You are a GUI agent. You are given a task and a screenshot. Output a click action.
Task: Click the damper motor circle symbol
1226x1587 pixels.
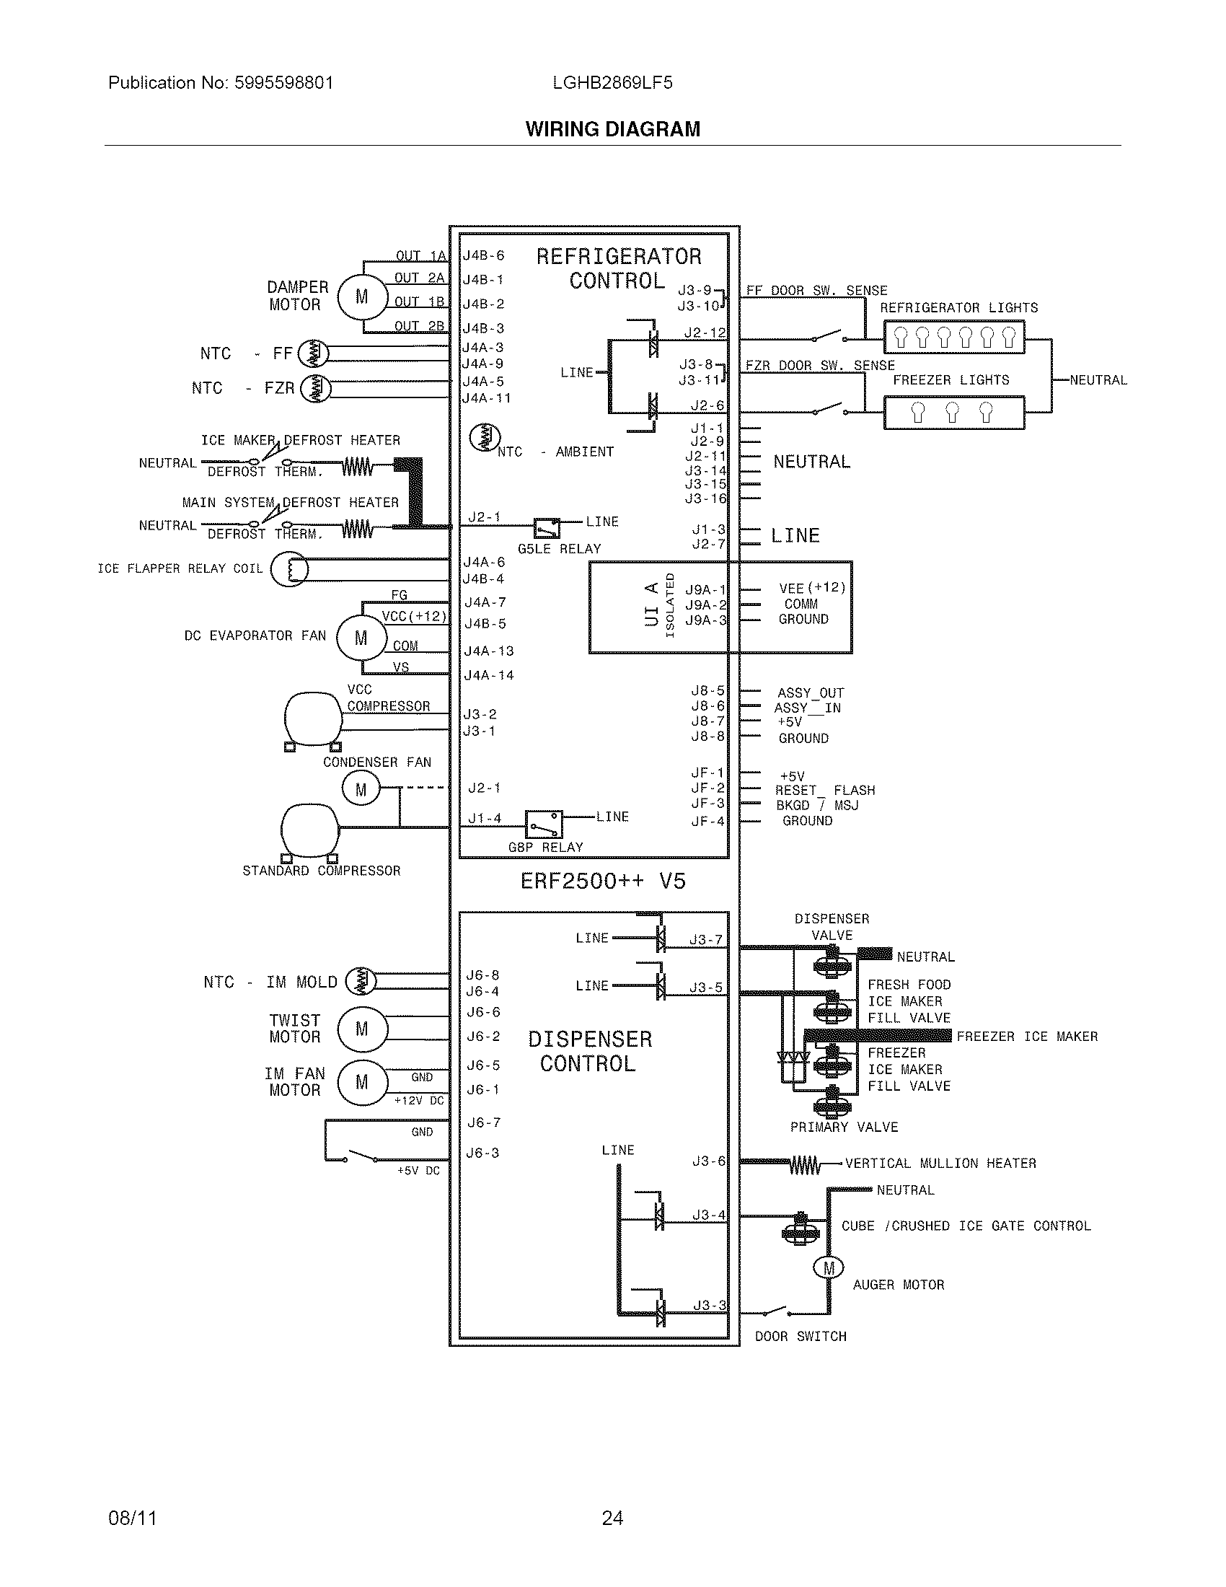click(362, 296)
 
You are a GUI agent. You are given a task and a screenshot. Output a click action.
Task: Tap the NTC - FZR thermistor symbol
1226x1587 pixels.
click(315, 389)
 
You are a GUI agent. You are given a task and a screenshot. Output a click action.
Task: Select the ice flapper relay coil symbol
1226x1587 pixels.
click(289, 569)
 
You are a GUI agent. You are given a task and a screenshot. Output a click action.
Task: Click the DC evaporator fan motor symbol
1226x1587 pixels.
click(361, 638)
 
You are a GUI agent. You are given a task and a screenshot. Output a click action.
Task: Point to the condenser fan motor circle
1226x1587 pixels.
click(361, 790)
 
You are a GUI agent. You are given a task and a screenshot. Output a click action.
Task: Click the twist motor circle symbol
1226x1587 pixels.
click(362, 1029)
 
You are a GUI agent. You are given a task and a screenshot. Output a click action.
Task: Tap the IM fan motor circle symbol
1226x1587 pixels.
click(362, 1083)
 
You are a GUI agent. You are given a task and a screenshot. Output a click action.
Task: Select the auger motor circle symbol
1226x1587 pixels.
click(829, 1269)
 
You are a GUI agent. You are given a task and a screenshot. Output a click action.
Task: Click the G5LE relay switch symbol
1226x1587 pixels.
click(547, 527)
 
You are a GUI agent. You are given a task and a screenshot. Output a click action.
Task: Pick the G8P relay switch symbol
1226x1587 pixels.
click(544, 825)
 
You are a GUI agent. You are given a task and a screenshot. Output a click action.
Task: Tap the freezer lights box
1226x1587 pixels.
click(953, 413)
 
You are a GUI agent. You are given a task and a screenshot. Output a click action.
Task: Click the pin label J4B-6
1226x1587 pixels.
click(483, 256)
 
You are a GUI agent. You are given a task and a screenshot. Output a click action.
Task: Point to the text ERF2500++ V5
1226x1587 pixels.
click(603, 882)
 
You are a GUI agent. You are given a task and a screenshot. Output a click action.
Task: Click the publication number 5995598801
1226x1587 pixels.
click(283, 83)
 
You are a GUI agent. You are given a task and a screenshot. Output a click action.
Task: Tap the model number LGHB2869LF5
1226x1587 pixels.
click(612, 83)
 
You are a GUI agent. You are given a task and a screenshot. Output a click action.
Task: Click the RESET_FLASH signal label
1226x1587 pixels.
click(824, 790)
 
